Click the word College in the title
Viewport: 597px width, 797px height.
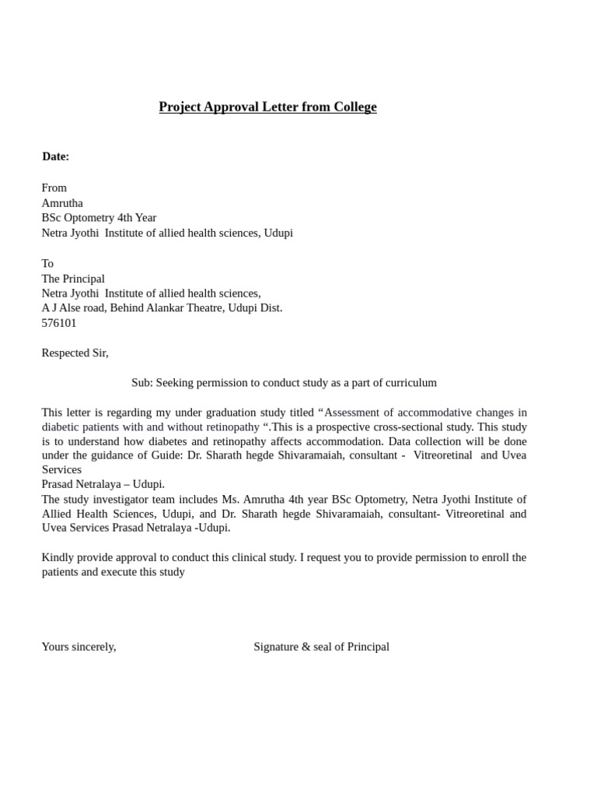355,107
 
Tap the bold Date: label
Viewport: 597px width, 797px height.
56,156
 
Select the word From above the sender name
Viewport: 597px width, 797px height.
54,188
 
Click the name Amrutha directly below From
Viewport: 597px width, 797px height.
62,203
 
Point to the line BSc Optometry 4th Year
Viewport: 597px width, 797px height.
99,218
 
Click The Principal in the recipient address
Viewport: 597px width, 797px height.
73,279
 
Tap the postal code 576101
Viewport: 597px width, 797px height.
59,323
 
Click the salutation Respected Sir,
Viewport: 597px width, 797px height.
75,353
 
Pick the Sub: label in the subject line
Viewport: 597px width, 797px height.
141,383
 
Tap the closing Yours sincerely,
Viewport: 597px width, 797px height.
79,647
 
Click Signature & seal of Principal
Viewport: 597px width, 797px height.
321,647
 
